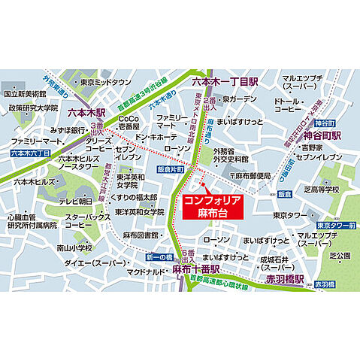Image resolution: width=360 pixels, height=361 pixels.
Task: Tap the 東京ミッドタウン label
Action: (107, 82)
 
